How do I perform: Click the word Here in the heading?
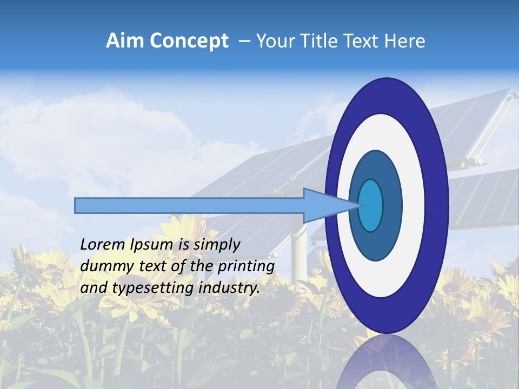tap(405, 41)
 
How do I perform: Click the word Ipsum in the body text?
tap(152, 245)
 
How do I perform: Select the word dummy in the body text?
tap(103, 266)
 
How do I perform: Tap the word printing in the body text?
tap(245, 266)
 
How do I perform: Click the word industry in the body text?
tap(229, 288)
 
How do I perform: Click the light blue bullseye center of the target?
tap(371, 205)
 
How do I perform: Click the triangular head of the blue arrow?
tap(324, 205)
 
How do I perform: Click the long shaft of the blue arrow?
tap(189, 205)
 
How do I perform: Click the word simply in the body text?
tap(216, 245)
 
